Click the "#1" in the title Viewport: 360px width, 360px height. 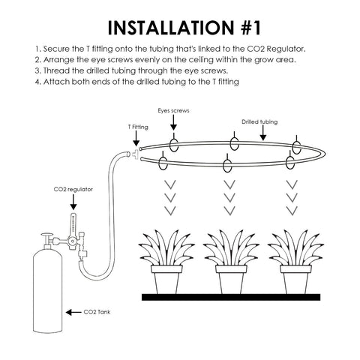[x=250, y=28]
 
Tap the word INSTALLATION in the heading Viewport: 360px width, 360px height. [x=171, y=28]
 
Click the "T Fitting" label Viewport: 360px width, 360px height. [x=138, y=127]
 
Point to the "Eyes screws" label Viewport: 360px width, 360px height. [x=173, y=110]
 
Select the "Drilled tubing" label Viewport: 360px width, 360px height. [x=259, y=121]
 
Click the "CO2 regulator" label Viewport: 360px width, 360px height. [x=73, y=189]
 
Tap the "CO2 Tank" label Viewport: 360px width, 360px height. [x=97, y=312]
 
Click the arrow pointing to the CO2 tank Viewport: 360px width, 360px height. [x=73, y=312]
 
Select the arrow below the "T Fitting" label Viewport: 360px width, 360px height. [x=136, y=139]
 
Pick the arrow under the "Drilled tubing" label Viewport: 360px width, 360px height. [x=263, y=133]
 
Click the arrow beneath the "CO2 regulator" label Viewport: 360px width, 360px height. [x=73, y=202]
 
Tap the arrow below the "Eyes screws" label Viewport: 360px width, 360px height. [x=173, y=123]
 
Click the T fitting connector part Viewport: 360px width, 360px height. [x=135, y=154]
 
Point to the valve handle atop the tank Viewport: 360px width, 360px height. [x=47, y=235]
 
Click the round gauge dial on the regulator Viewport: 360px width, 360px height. [x=73, y=241]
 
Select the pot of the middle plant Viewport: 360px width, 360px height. [x=231, y=280]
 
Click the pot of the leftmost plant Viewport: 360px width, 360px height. [x=166, y=280]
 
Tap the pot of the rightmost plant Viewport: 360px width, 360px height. [x=295, y=280]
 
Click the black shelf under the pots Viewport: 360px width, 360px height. [x=231, y=297]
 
